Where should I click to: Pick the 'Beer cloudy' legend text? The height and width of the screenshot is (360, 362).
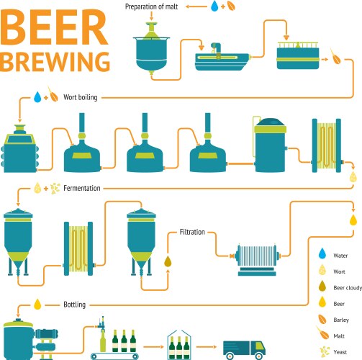(x=345, y=288)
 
